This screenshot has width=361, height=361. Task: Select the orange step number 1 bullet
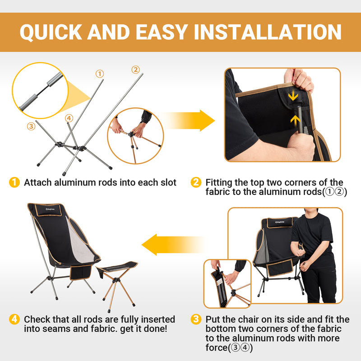(x=15, y=182)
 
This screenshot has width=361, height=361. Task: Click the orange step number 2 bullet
(x=196, y=182)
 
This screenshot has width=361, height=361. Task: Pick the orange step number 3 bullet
(x=196, y=319)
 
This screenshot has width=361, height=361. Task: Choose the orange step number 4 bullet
(x=15, y=319)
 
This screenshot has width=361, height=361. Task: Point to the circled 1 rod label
(x=100, y=74)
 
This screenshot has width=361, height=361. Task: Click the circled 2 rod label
(x=135, y=69)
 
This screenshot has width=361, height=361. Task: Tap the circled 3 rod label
(x=31, y=126)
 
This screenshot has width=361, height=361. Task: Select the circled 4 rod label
(x=69, y=118)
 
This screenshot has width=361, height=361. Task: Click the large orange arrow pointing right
(x=190, y=121)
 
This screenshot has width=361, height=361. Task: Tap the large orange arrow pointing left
(x=169, y=245)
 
